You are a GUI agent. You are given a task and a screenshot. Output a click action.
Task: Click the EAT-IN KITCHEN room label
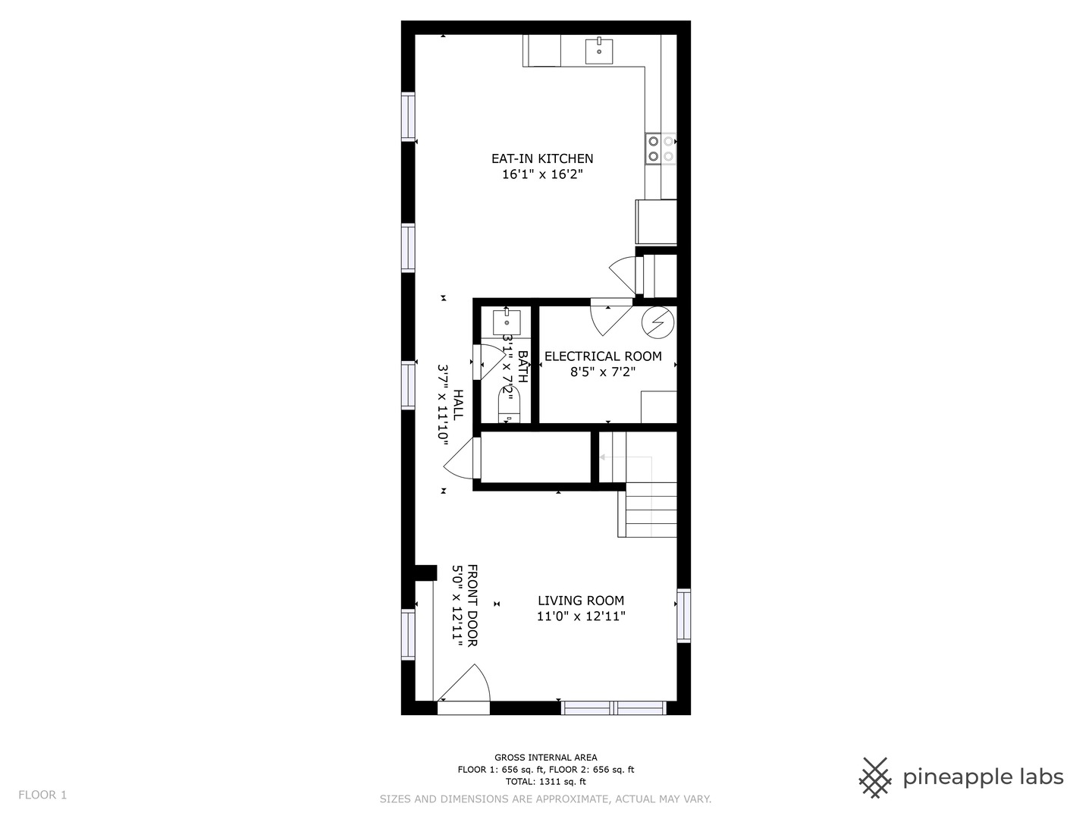(x=542, y=158)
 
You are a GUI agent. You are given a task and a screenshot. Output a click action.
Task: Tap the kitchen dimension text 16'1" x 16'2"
(x=542, y=174)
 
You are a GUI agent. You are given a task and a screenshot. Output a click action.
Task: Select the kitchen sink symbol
(x=599, y=50)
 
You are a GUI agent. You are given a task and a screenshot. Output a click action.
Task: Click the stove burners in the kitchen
(x=661, y=149)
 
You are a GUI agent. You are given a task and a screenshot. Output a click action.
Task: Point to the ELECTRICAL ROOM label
(x=603, y=356)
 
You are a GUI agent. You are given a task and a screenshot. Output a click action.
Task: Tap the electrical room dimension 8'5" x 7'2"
(x=603, y=372)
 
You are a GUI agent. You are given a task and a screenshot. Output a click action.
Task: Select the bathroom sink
(x=507, y=322)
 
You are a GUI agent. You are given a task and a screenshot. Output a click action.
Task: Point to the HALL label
(x=458, y=405)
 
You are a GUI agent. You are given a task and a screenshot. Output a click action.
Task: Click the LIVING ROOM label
(x=581, y=601)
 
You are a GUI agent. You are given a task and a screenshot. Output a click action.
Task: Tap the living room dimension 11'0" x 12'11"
(x=581, y=617)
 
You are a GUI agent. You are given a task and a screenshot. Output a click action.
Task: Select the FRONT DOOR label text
(x=472, y=605)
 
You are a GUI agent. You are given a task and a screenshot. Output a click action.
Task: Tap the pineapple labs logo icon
(x=875, y=777)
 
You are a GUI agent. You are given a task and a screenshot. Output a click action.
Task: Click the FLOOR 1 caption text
(x=42, y=795)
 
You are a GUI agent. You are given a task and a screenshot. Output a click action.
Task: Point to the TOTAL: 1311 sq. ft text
(x=546, y=781)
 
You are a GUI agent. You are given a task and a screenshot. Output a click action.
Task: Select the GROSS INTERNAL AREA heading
(x=546, y=757)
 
